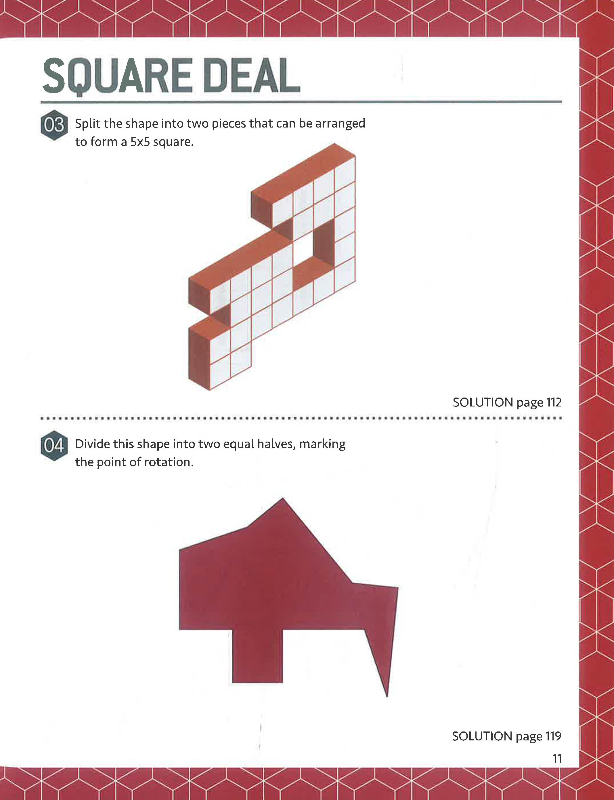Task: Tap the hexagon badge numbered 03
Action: [54, 125]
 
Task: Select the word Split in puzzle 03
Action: [88, 123]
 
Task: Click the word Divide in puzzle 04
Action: [93, 444]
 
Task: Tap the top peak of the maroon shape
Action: [282, 499]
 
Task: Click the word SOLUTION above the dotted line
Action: [483, 402]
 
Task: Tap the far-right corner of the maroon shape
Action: [397, 588]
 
